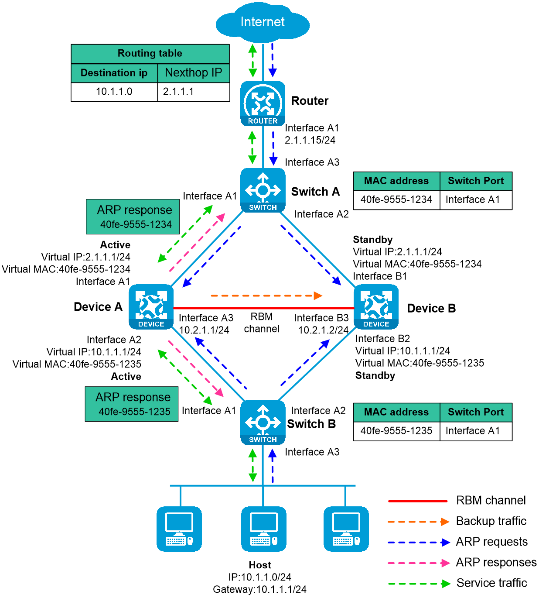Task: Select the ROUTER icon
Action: point(263,104)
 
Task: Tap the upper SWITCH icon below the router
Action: point(263,190)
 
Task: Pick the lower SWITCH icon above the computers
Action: point(263,423)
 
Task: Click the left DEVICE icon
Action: point(151,307)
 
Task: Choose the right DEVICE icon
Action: point(376,307)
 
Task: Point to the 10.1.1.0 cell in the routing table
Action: point(114,92)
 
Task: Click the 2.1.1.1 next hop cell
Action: point(193,92)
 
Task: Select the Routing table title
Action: point(150,54)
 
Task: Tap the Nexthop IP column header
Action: point(193,72)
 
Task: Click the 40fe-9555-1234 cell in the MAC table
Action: point(396,200)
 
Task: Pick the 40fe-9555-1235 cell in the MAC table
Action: point(396,431)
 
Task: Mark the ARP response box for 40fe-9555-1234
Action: point(133,217)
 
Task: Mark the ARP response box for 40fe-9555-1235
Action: point(131,404)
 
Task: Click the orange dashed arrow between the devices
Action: point(266,296)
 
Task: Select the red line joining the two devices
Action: point(263,308)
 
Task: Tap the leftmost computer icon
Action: point(179,529)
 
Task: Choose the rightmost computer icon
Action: point(346,529)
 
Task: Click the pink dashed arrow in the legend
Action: point(419,563)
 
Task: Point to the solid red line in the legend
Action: point(418,501)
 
